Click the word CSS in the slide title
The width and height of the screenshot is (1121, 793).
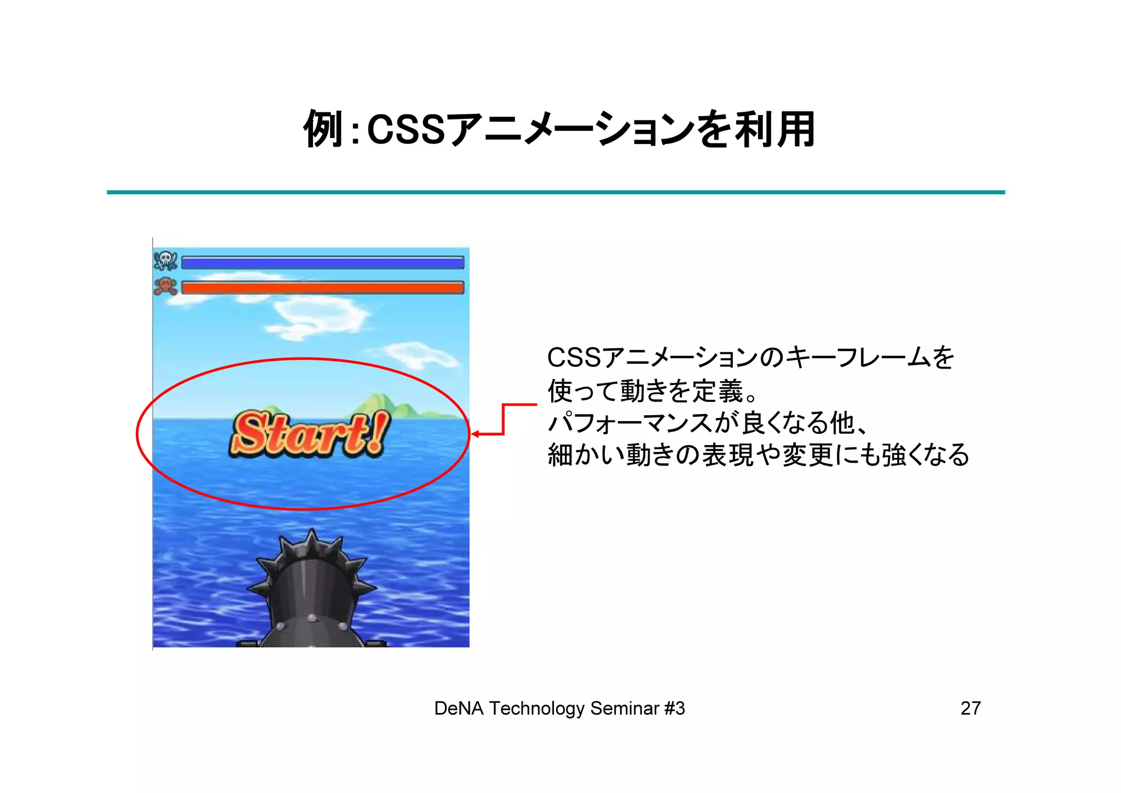coord(406,130)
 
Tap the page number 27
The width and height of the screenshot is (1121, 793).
coord(970,708)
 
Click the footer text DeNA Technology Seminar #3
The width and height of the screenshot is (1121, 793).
coord(559,708)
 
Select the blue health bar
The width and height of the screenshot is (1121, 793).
coord(322,263)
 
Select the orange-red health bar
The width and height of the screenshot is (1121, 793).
coord(322,288)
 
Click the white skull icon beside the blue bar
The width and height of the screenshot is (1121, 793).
coord(165,261)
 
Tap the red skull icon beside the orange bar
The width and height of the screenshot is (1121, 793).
coord(165,286)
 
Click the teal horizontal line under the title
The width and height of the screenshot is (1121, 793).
coord(556,192)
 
